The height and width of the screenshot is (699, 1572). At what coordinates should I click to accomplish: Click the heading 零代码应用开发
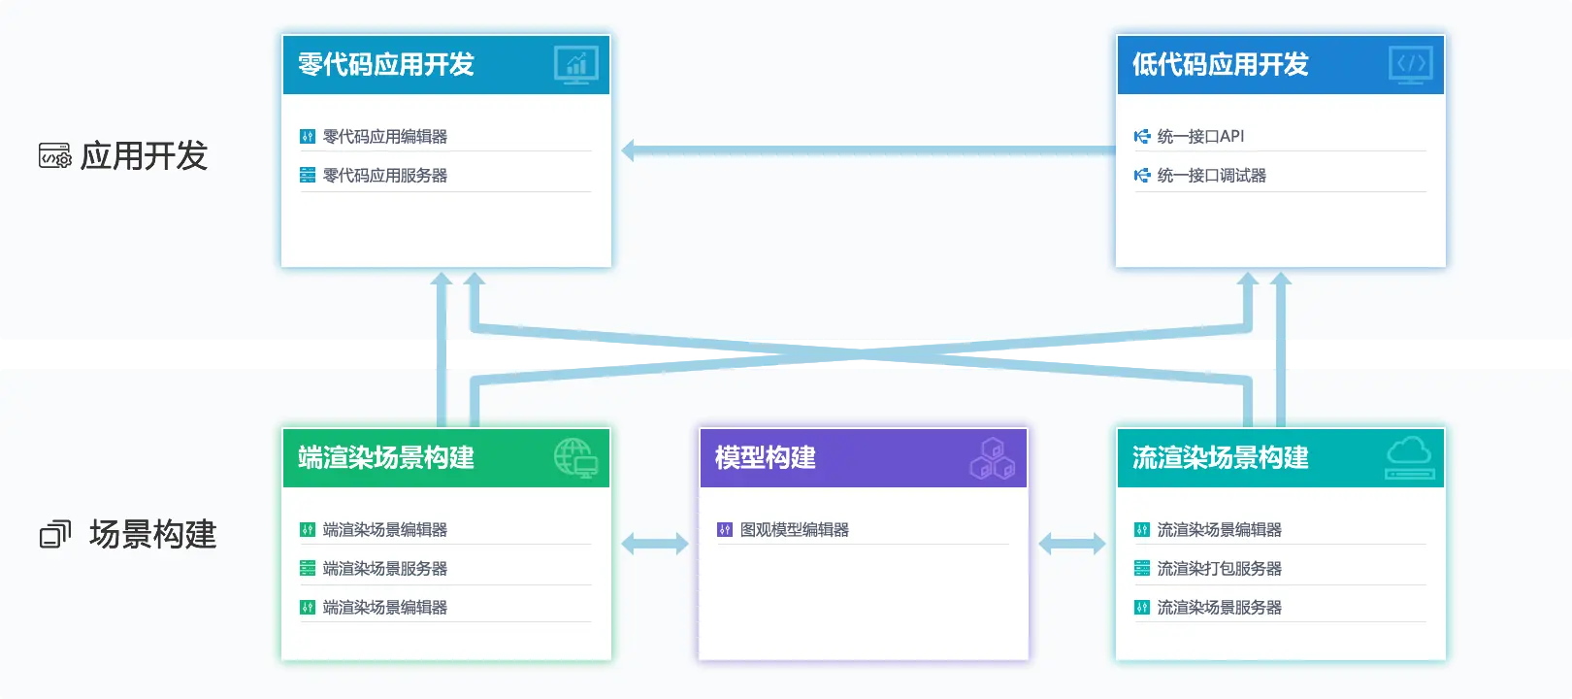coord(386,65)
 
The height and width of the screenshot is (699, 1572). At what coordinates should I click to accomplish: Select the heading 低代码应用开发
coord(1221,65)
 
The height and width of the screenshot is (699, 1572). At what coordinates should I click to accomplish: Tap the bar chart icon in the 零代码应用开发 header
coord(576,65)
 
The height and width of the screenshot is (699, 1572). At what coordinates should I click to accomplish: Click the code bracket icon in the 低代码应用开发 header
coord(1411,65)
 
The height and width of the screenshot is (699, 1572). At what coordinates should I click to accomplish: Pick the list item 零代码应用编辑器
coord(385,137)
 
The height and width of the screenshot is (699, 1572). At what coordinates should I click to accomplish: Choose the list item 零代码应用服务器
coord(385,176)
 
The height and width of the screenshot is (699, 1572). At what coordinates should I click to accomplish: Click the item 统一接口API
coord(1200,137)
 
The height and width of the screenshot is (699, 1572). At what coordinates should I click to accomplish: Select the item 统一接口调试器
coord(1211,176)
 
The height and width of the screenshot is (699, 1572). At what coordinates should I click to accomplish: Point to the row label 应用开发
coord(144,155)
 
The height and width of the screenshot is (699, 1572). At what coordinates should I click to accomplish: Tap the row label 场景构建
coord(152,534)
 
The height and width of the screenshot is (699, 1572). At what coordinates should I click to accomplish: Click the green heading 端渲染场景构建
coord(386,457)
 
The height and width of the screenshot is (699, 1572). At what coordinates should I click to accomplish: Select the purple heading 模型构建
coord(766,457)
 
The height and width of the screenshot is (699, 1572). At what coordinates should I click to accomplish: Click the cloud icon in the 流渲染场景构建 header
coord(1409,457)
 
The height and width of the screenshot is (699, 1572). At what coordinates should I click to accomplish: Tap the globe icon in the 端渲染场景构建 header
coord(575,457)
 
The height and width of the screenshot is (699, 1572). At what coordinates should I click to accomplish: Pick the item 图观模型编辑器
coord(794,530)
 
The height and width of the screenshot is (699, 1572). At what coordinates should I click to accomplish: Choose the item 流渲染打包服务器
coord(1219,569)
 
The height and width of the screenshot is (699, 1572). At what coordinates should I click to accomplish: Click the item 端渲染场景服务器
coord(385,569)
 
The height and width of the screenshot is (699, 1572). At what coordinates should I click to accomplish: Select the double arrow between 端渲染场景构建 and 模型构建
coord(655,544)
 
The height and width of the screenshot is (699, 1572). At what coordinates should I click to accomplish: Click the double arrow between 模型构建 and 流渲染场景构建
coord(1072,544)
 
